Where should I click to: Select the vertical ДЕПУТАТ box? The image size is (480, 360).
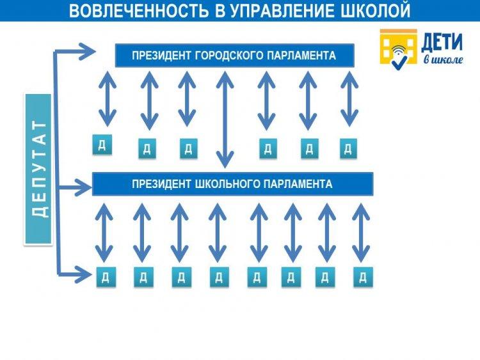click(38, 169)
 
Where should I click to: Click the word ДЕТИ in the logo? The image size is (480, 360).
click(442, 42)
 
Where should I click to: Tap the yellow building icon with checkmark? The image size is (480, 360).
click(398, 47)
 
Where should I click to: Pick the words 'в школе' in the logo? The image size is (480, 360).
click(443, 59)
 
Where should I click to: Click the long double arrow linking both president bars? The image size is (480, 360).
click(225, 120)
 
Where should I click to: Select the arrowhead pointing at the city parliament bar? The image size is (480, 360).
click(87, 51)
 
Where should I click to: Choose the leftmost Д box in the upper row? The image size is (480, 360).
click(102, 145)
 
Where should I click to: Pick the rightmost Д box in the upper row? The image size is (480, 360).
click(348, 148)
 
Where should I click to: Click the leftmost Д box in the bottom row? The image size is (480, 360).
click(106, 277)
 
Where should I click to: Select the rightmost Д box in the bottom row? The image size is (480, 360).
click(364, 277)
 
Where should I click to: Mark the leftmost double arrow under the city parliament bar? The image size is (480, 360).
click(108, 99)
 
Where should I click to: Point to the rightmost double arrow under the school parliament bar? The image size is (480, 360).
click(361, 233)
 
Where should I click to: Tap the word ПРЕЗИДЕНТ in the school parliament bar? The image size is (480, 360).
click(162, 184)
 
